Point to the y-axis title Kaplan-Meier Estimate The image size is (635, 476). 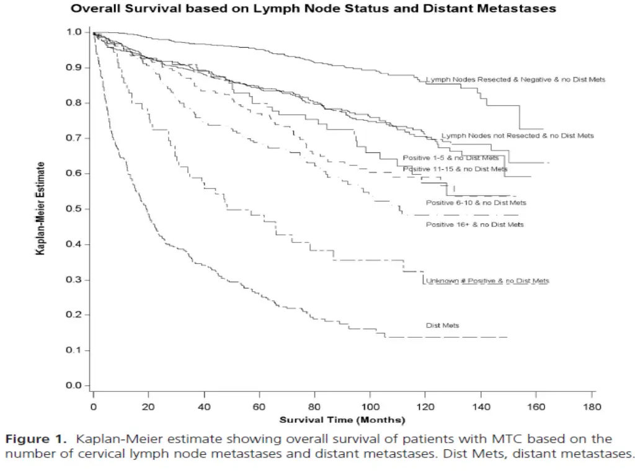coord(40,208)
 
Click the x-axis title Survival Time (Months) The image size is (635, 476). coord(342,420)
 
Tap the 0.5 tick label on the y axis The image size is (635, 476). coord(74,209)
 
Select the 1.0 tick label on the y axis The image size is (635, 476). coord(74,32)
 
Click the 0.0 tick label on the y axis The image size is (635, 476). coord(74,386)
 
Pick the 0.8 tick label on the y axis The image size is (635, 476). coord(74,103)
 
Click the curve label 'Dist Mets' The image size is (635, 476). coord(442,325)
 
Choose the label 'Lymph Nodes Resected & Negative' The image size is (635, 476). coord(515,79)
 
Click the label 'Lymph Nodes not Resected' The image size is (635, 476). coord(517,135)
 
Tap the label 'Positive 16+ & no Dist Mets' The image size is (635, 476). coord(474,224)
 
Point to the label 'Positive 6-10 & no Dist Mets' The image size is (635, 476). coord(476,203)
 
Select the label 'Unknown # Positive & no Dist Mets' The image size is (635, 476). coord(487,281)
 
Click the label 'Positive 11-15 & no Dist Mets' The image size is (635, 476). coord(455,169)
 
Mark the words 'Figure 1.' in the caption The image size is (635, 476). coord(35,439)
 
